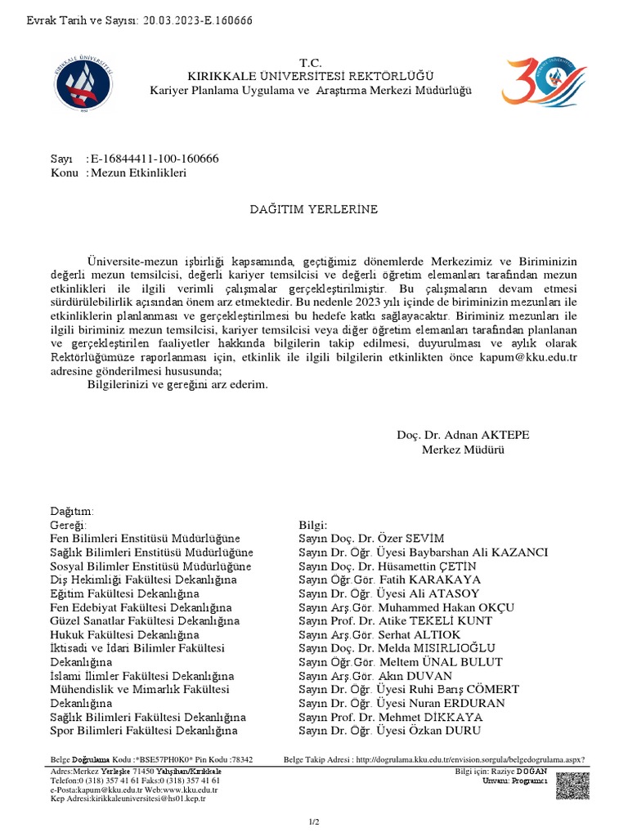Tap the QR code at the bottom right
[x=571, y=786]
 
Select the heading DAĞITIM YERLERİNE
[x=314, y=210]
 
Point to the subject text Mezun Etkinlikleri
[x=139, y=173]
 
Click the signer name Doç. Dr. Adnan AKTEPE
[x=463, y=435]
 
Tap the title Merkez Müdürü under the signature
[x=464, y=450]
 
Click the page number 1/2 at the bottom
[x=314, y=821]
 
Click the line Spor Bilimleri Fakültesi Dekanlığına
[x=144, y=731]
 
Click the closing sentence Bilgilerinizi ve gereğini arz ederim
[x=177, y=384]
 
